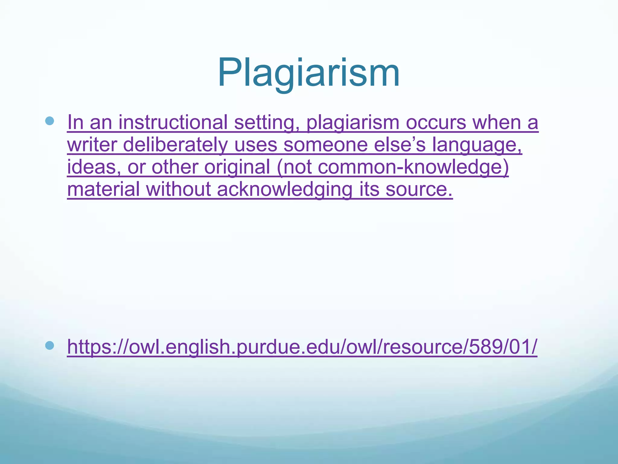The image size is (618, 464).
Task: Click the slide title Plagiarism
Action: [x=308, y=72]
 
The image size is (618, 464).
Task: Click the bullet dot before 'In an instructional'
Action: [x=49, y=121]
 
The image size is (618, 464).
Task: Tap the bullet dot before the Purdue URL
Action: [x=49, y=345]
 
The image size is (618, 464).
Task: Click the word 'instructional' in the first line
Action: [x=173, y=122]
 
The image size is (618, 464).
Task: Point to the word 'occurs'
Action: [x=436, y=123]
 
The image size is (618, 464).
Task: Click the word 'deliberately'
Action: [x=175, y=145]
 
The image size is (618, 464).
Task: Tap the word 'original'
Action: [x=237, y=167]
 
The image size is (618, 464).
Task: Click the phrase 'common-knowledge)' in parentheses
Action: [x=413, y=167]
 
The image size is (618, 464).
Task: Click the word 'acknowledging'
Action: [x=284, y=189]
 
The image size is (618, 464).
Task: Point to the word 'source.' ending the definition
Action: [x=419, y=189]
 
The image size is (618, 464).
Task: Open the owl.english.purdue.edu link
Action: [x=302, y=347]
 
